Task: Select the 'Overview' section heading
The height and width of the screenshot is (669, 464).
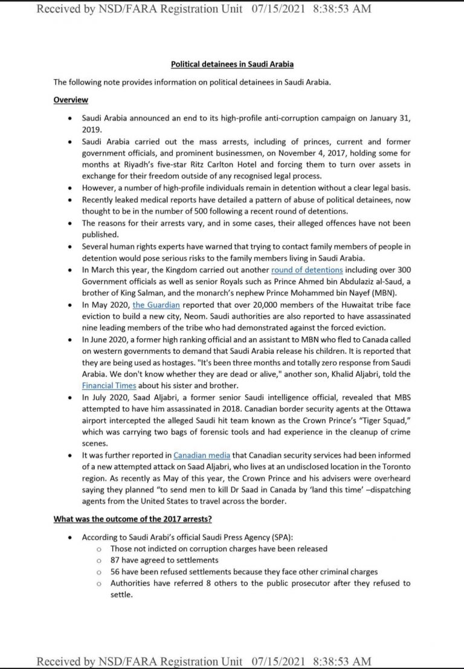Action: tap(71, 100)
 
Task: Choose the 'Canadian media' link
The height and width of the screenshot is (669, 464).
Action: tap(198, 454)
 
